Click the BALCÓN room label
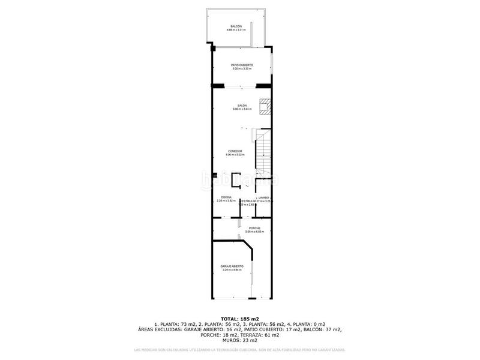coord(236,26)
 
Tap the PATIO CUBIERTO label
coord(242,65)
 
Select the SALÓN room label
coord(242,106)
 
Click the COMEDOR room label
coord(235,151)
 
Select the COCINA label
coord(226,197)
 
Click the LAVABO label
coord(263,197)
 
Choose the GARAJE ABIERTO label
coord(232,266)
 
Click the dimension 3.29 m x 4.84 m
coord(232,270)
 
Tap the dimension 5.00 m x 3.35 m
coord(242,69)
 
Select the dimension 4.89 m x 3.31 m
coord(236,30)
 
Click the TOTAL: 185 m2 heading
coord(240,318)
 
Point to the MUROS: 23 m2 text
coord(240,340)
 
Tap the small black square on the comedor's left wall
coord(214,175)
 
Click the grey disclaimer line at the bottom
coord(240,350)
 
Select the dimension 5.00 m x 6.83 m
coord(242,232)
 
